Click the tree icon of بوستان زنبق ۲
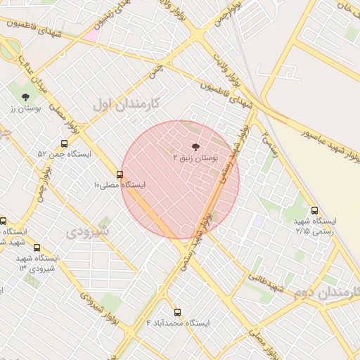195,147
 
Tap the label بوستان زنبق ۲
196,160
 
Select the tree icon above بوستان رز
26,97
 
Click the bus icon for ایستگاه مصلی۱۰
120,174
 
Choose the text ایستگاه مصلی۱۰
119,185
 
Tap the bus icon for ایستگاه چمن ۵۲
65,143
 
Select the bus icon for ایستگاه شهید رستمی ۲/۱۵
314,210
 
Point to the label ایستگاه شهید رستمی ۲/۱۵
316,225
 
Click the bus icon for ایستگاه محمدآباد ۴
177,311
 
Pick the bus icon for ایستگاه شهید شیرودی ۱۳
37,247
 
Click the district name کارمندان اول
127,104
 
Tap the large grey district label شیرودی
88,230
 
